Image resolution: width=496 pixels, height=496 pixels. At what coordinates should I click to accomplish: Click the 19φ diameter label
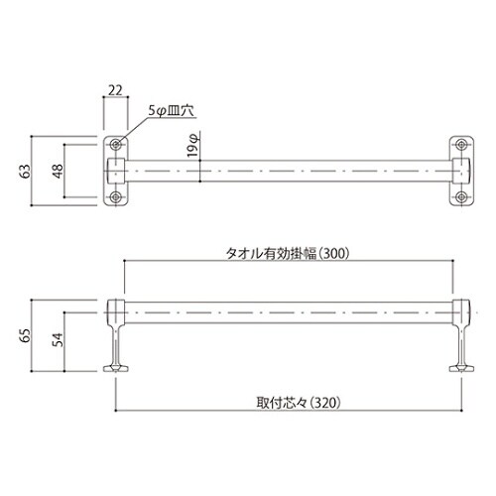coord(194,149)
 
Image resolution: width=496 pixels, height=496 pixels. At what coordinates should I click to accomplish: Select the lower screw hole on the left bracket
coord(116,197)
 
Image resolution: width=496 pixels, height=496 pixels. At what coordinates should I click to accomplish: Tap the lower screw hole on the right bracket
coord(462,197)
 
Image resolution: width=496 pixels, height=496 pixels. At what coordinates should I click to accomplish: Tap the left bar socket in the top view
coord(115,170)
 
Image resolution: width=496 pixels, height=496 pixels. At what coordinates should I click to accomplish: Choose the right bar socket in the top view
coord(462,170)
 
